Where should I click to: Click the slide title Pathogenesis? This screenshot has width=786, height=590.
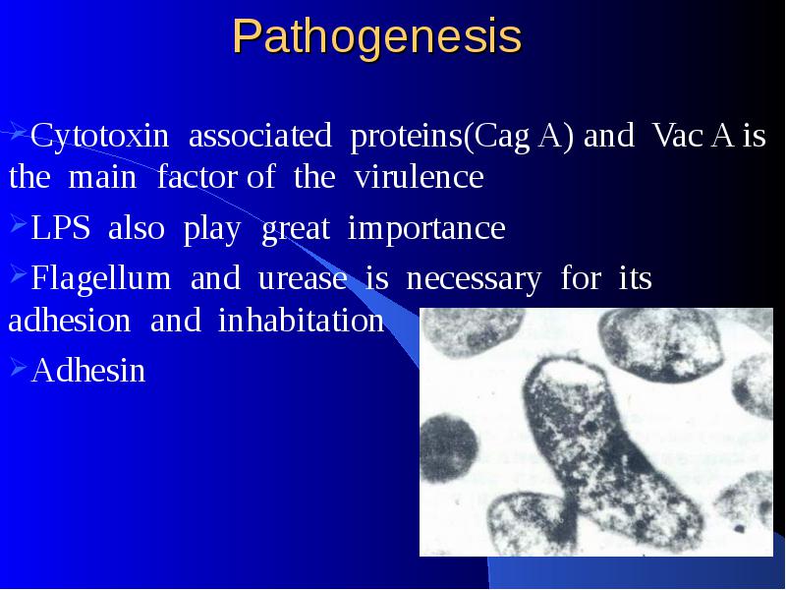[x=377, y=37]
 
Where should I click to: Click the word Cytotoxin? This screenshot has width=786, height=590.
[x=100, y=136]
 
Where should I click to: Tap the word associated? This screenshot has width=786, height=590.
[x=260, y=135]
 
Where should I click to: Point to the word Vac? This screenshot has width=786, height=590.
[x=678, y=135]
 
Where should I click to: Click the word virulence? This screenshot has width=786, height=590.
[x=419, y=177]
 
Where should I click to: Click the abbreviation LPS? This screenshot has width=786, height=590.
[x=61, y=227]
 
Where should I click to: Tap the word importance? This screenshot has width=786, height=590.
[x=426, y=229]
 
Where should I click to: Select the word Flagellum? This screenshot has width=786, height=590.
[x=101, y=278]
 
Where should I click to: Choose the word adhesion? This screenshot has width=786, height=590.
[x=70, y=321]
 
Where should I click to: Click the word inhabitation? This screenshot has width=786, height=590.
[x=302, y=321]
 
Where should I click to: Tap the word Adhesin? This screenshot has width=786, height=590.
[x=88, y=371]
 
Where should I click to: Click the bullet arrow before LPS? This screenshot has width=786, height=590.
[x=18, y=224]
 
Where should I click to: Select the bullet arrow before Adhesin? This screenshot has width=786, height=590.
[x=18, y=368]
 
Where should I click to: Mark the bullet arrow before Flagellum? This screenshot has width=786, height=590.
[x=18, y=274]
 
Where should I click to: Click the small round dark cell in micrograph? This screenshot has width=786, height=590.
[x=448, y=448]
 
